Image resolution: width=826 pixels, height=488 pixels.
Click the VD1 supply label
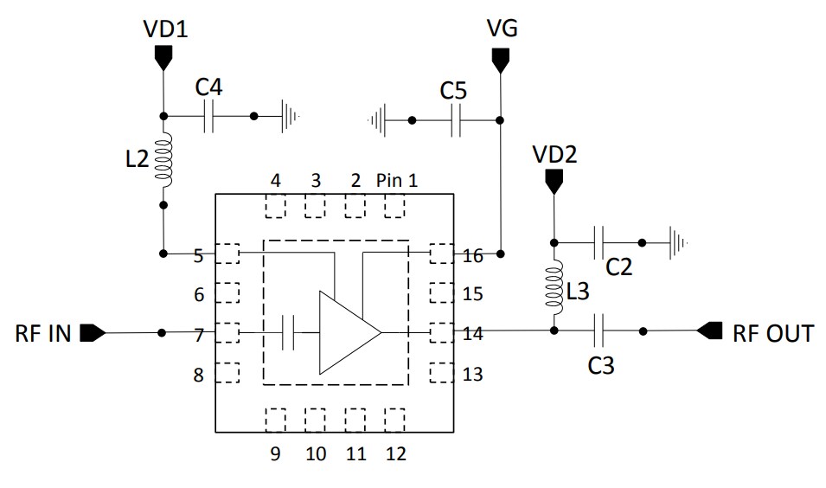click(164, 29)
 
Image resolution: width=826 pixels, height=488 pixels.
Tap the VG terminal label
click(502, 29)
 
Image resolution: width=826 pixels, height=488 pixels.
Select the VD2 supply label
click(554, 154)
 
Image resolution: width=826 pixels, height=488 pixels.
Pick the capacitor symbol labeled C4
click(208, 116)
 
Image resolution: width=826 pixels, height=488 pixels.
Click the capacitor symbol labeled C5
click(457, 120)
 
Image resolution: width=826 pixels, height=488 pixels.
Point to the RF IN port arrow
click(93, 332)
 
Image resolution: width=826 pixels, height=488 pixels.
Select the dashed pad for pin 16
click(441, 254)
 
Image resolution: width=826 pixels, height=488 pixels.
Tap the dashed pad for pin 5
click(227, 254)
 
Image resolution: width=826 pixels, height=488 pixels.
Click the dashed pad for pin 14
click(441, 332)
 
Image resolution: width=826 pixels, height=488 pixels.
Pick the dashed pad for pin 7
click(227, 332)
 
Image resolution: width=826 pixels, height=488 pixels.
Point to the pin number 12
click(394, 453)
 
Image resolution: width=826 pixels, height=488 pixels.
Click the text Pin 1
click(397, 181)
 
